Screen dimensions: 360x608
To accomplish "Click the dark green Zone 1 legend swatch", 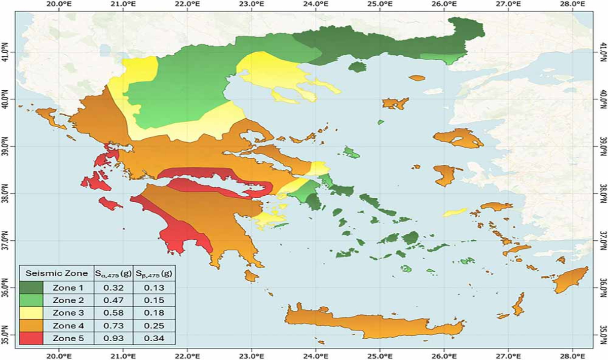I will coord(31,287).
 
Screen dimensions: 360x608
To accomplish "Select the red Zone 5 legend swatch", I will coord(31,337).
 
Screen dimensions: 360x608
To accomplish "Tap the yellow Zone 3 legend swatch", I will coord(31,312).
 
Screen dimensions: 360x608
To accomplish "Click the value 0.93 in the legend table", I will coord(113,337).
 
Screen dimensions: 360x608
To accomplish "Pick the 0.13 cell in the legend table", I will coord(154,287).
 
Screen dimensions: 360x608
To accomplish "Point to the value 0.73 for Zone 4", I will coord(113,325).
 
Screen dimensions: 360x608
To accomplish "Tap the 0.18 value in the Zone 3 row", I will coord(154,312).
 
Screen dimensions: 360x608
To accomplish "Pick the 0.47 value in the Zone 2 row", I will coord(113,300).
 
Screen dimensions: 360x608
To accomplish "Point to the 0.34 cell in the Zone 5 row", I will coord(154,337).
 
